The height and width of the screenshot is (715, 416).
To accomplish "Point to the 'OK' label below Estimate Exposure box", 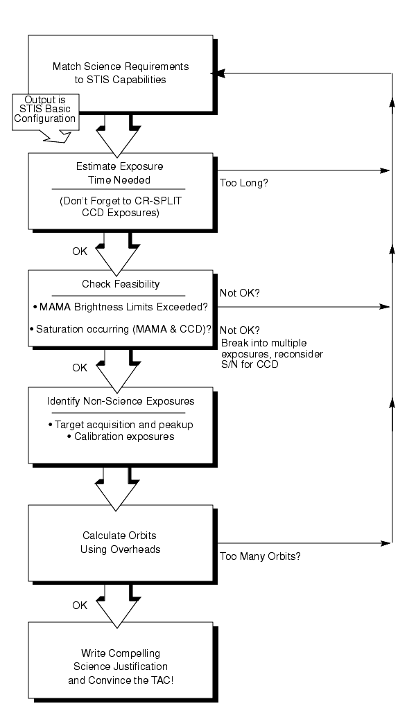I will pyautogui.click(x=80, y=251).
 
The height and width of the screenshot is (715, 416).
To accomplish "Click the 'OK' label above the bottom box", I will pyautogui.click(x=80, y=606).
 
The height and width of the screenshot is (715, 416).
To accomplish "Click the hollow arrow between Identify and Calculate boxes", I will pyautogui.click(x=116, y=488).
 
